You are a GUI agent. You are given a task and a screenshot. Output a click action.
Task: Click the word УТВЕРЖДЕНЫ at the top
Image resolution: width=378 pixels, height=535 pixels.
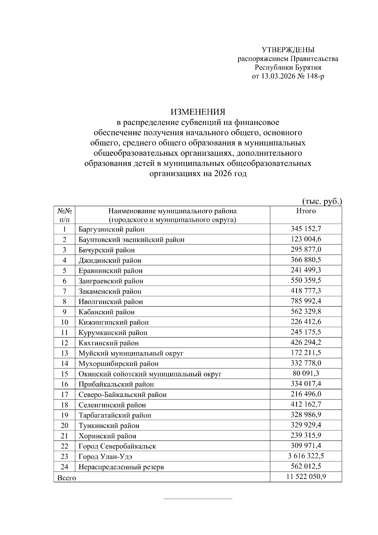(x=288, y=50)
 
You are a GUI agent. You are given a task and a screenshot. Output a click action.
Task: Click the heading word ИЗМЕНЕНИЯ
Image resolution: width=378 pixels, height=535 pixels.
(x=198, y=112)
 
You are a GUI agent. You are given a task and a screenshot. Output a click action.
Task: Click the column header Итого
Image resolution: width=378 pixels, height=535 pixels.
(x=306, y=211)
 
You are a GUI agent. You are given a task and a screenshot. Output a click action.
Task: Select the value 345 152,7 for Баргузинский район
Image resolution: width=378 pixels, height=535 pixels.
(x=306, y=229)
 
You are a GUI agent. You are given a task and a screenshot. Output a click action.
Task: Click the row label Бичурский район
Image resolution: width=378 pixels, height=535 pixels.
(x=106, y=250)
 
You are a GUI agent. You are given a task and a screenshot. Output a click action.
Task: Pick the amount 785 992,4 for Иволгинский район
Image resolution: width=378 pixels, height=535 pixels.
(x=306, y=301)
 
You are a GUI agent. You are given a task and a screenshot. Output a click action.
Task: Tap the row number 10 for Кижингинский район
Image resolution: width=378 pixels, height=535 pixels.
(x=64, y=322)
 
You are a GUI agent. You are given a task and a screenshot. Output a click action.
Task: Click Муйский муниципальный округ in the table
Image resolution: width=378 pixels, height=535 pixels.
(x=131, y=353)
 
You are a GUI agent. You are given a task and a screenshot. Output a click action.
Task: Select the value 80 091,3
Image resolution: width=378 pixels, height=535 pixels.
(x=306, y=373)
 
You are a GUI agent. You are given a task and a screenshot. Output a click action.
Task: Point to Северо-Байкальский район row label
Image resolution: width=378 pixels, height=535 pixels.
(x=123, y=395)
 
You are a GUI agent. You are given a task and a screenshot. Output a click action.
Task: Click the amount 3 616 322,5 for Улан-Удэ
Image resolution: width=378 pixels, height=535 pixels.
(x=306, y=456)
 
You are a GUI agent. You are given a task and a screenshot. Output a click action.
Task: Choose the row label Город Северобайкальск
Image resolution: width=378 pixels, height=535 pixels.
(x=117, y=446)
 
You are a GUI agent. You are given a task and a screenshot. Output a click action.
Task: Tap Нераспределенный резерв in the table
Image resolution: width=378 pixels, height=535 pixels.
(x=121, y=467)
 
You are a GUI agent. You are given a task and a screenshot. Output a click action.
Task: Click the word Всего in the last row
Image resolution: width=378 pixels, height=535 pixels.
(x=66, y=478)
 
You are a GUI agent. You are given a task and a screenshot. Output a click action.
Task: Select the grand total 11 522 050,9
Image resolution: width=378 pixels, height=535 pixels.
(x=306, y=477)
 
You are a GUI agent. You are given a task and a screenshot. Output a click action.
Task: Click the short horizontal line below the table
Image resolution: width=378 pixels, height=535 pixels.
(x=198, y=499)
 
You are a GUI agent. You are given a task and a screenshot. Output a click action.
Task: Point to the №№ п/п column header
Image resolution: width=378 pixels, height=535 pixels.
(x=64, y=215)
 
